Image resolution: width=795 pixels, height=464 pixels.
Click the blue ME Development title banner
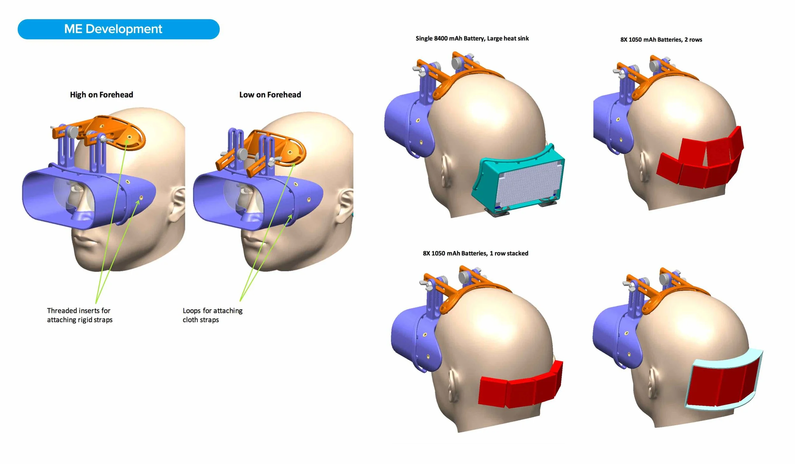118,29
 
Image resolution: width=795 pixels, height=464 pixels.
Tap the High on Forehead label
101,95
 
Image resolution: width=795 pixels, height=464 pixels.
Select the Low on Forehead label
270,95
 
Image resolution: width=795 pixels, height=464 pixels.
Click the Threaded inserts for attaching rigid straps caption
79,315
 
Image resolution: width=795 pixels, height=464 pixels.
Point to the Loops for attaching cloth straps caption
212,315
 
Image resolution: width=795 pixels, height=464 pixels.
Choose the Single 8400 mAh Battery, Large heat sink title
472,39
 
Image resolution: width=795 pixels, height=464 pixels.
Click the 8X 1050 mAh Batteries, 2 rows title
661,40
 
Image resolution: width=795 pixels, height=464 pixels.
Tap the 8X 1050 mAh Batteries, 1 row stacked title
475,253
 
